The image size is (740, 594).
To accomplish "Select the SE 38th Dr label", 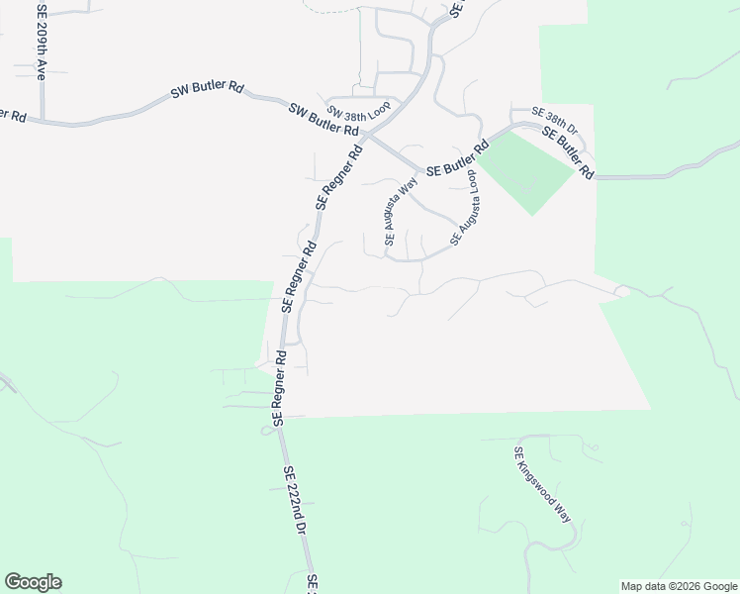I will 554,120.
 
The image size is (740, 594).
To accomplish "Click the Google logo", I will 33,582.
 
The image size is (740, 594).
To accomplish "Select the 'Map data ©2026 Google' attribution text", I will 678,586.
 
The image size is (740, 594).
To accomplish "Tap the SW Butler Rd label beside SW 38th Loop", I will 324,118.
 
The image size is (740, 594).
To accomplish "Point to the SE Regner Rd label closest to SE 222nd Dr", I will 279,387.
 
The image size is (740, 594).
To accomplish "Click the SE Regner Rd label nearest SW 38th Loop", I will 338,175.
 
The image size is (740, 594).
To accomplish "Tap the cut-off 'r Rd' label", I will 12,116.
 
